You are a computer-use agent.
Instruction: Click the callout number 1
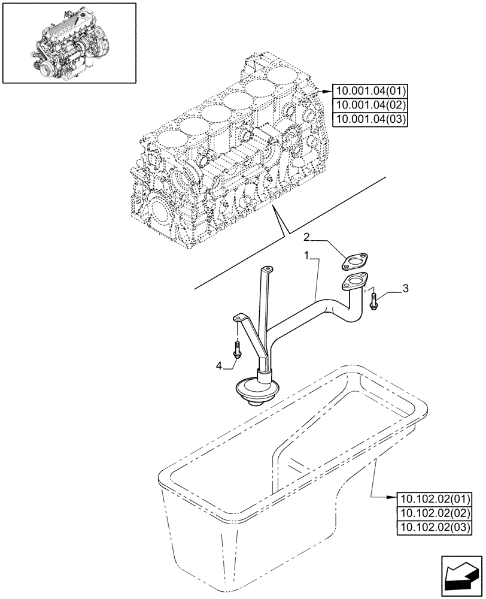[306, 256]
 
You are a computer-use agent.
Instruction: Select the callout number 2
[306, 237]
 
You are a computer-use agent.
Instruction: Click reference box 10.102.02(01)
[435, 498]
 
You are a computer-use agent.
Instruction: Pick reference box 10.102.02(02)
[435, 513]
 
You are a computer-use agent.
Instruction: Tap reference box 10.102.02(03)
[435, 527]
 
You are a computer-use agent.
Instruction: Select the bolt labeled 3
[373, 301]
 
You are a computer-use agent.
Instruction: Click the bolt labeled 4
[237, 350]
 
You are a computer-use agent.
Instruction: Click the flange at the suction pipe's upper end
[355, 282]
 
